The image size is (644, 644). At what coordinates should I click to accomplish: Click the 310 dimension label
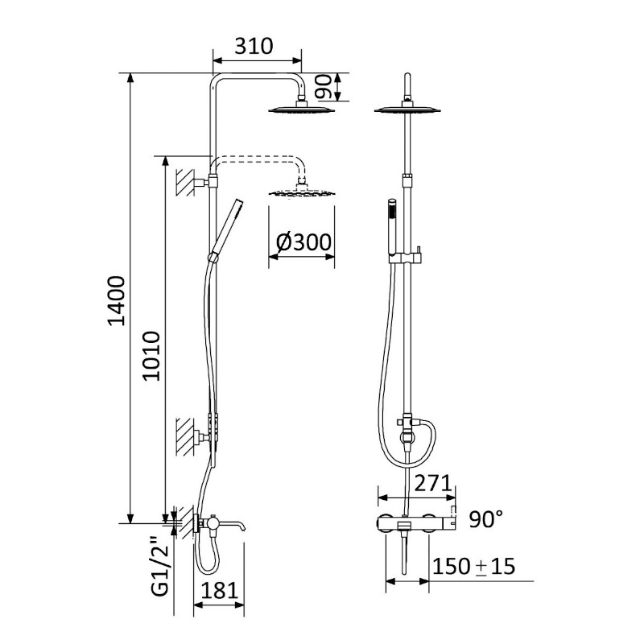[x=254, y=46]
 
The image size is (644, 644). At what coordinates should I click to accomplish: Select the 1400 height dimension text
[x=116, y=300]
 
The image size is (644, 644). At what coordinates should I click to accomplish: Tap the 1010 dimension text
[x=151, y=356]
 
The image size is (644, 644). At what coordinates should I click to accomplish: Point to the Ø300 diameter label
[x=303, y=242]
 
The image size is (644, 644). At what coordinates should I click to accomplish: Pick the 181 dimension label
[x=220, y=591]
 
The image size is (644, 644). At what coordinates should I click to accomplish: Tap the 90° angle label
[x=486, y=519]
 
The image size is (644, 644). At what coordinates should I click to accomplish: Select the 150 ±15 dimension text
[x=473, y=567]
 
